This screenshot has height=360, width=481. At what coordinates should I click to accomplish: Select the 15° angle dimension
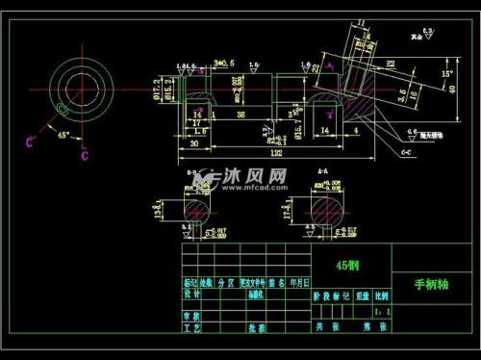[447, 73]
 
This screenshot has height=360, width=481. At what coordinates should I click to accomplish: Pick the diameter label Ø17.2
[156, 90]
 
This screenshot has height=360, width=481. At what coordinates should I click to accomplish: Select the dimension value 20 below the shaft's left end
[194, 143]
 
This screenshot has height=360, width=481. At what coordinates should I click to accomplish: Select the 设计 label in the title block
[192, 296]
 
